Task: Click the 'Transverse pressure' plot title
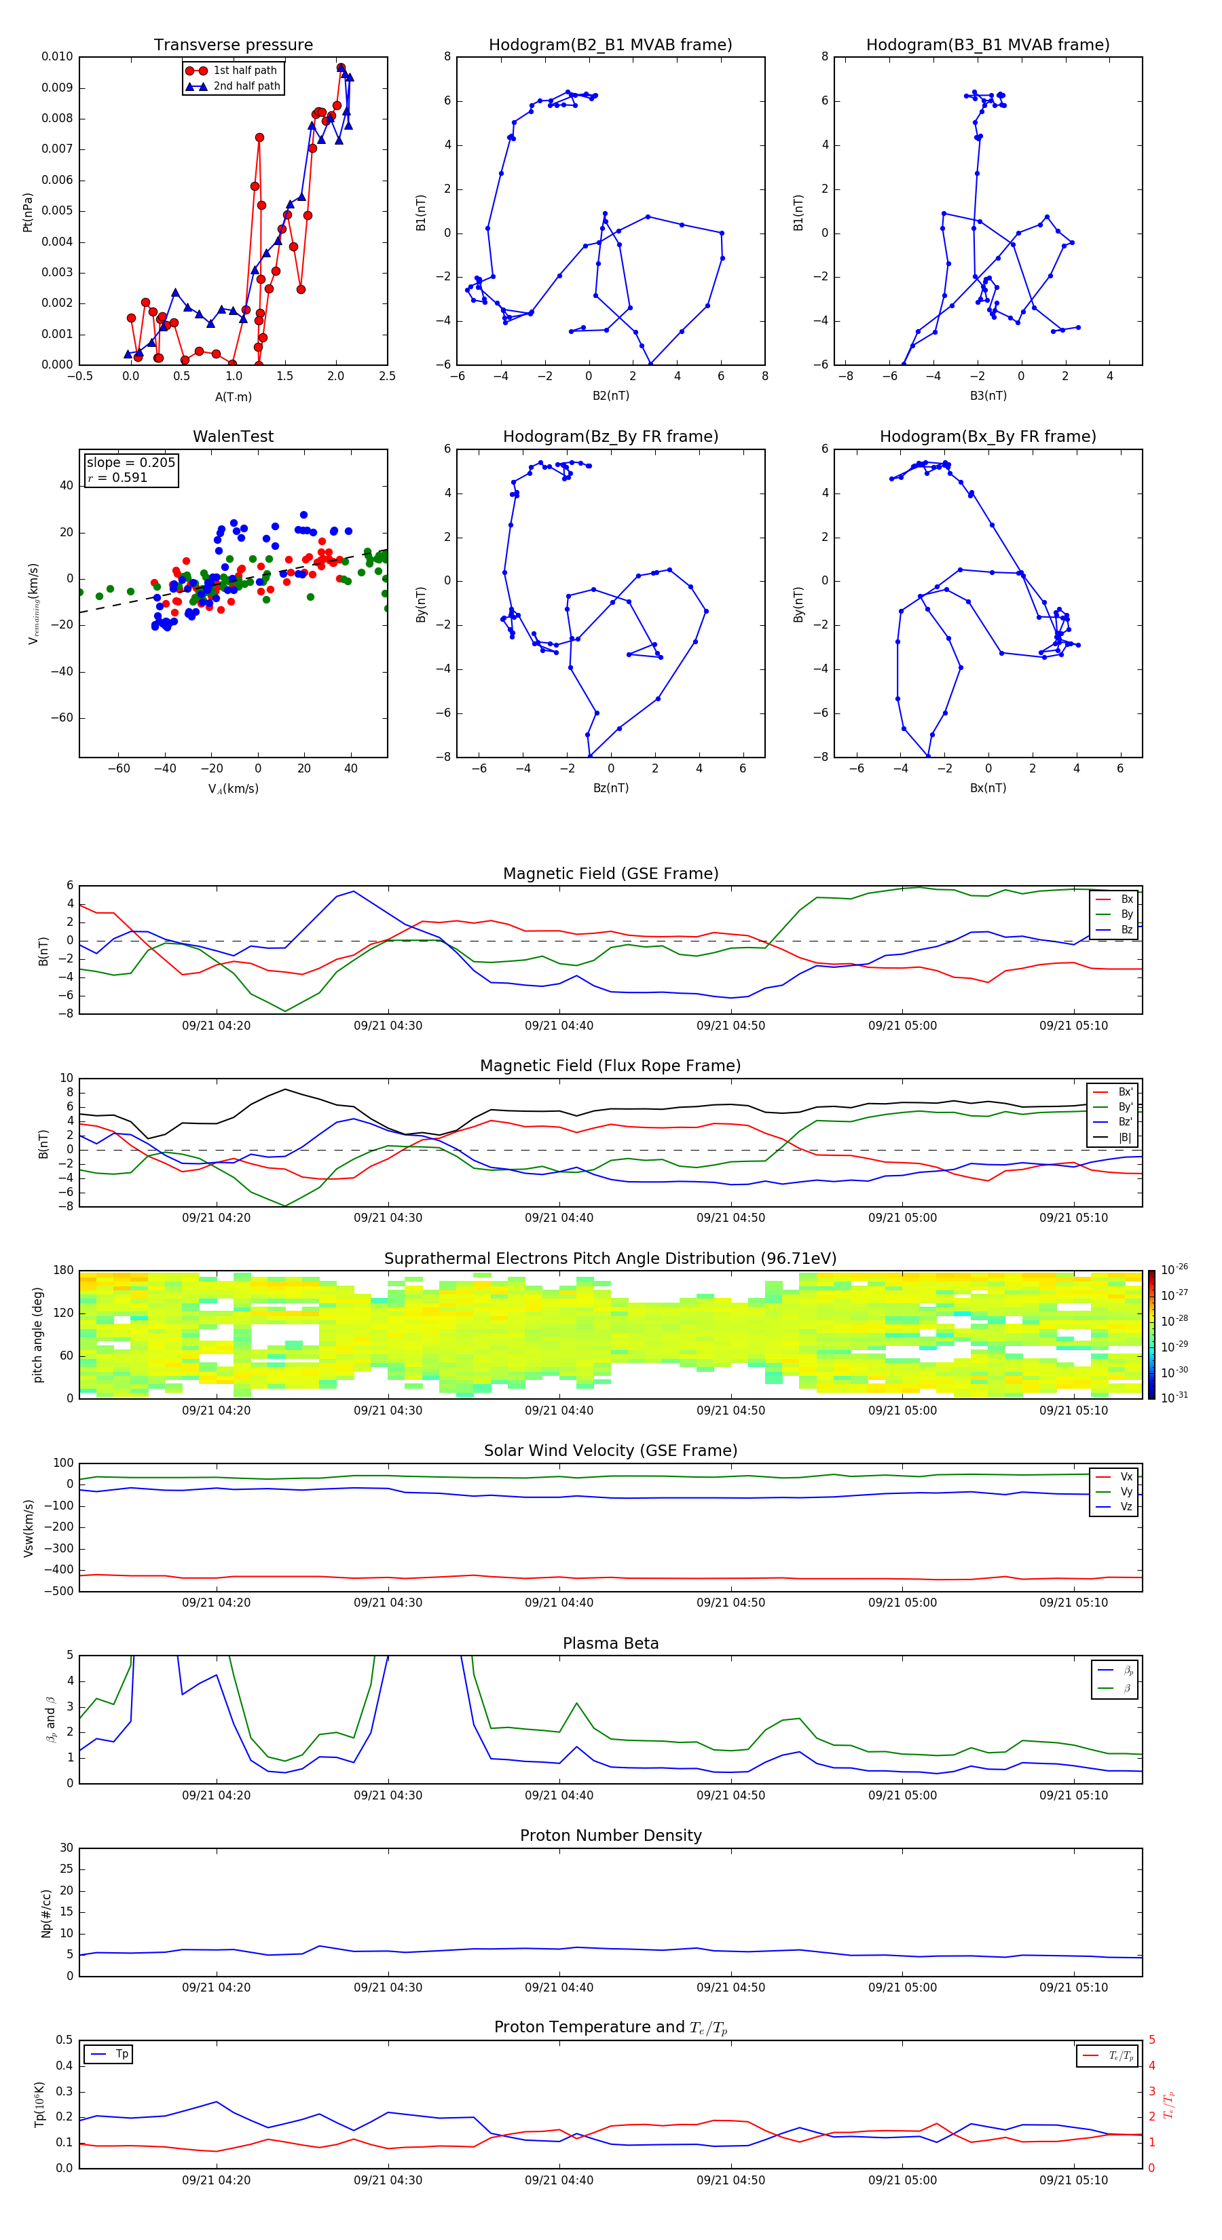(233, 45)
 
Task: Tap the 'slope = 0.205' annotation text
(130, 463)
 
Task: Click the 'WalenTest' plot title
(233, 436)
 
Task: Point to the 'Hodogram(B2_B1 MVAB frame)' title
(610, 45)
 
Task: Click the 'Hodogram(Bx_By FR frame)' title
(987, 436)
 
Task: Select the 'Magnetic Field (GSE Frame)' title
(610, 874)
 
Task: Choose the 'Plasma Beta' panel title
(610, 1643)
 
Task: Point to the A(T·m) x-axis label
(233, 397)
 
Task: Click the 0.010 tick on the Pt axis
(58, 56)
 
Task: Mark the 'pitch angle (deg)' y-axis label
(37, 1334)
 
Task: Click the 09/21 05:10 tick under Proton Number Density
(1073, 1987)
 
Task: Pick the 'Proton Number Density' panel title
(610, 1835)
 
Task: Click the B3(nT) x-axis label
(988, 396)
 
